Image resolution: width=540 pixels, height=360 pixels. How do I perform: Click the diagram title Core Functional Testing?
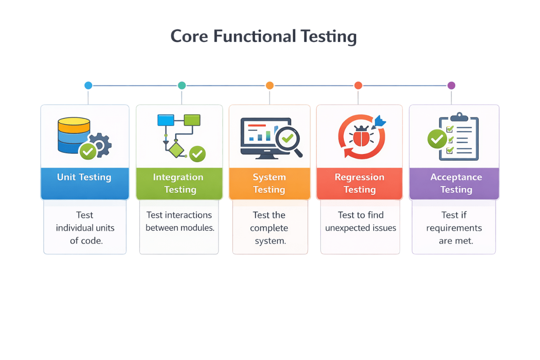pos(263,37)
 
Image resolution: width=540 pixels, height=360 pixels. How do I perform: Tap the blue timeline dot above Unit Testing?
pos(88,85)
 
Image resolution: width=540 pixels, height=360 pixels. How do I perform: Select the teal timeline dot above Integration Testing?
pos(181,85)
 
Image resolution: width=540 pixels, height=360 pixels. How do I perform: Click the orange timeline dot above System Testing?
pos(270,85)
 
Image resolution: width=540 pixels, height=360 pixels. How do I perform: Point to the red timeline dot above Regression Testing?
pos(358,85)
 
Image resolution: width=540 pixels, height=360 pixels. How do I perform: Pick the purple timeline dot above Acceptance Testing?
pos(451,85)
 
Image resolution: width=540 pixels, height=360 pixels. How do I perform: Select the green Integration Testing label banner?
pos(179,183)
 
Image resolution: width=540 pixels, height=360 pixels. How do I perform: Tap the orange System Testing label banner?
pos(269,183)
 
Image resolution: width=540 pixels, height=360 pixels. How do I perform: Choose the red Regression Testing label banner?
pos(359,183)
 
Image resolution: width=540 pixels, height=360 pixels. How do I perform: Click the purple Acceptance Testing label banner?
pos(454,183)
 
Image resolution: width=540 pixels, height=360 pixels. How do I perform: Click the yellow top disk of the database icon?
pos(74,124)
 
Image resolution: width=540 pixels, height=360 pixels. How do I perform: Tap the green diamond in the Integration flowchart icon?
pos(176,149)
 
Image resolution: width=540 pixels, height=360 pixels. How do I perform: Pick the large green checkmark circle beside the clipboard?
pos(437,139)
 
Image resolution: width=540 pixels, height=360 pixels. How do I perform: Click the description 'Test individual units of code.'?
pos(85,228)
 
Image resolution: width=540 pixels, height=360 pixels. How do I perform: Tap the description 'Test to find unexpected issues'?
pos(360,222)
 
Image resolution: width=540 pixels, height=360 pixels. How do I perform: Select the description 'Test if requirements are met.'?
pos(454,228)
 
